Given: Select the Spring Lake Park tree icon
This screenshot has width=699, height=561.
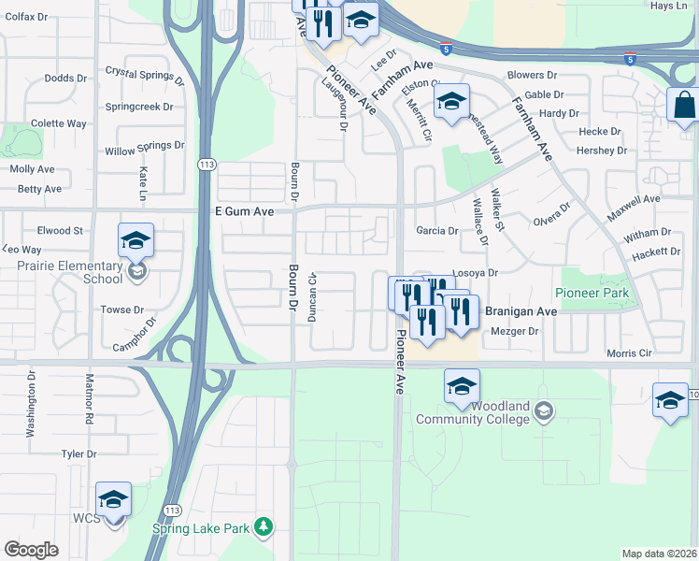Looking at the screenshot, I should click(x=264, y=528).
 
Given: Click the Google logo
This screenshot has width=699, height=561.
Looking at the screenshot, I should click(x=31, y=550).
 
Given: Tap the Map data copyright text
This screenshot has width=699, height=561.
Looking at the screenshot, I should click(x=659, y=554).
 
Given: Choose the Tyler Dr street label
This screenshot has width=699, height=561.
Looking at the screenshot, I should click(x=78, y=453).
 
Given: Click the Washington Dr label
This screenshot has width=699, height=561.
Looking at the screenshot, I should click(x=31, y=406).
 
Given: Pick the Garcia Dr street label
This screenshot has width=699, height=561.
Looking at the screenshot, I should click(x=437, y=230).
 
